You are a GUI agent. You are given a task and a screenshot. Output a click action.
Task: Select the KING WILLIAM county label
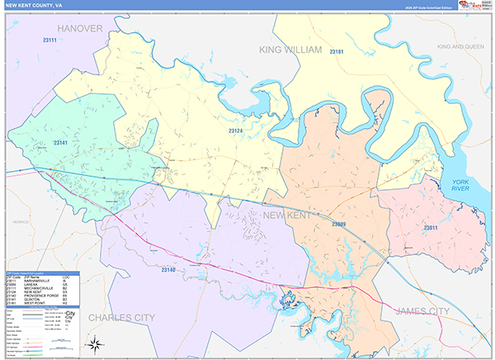(x=292, y=50)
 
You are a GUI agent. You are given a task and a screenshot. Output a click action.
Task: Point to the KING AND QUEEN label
(x=462, y=47)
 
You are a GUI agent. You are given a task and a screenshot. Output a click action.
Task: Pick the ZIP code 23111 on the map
(x=51, y=40)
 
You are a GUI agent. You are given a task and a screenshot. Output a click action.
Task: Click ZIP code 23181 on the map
(x=337, y=52)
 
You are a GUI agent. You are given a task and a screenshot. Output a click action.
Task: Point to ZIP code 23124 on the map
(x=236, y=130)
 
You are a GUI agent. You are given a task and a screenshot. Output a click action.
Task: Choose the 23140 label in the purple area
(x=168, y=270)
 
